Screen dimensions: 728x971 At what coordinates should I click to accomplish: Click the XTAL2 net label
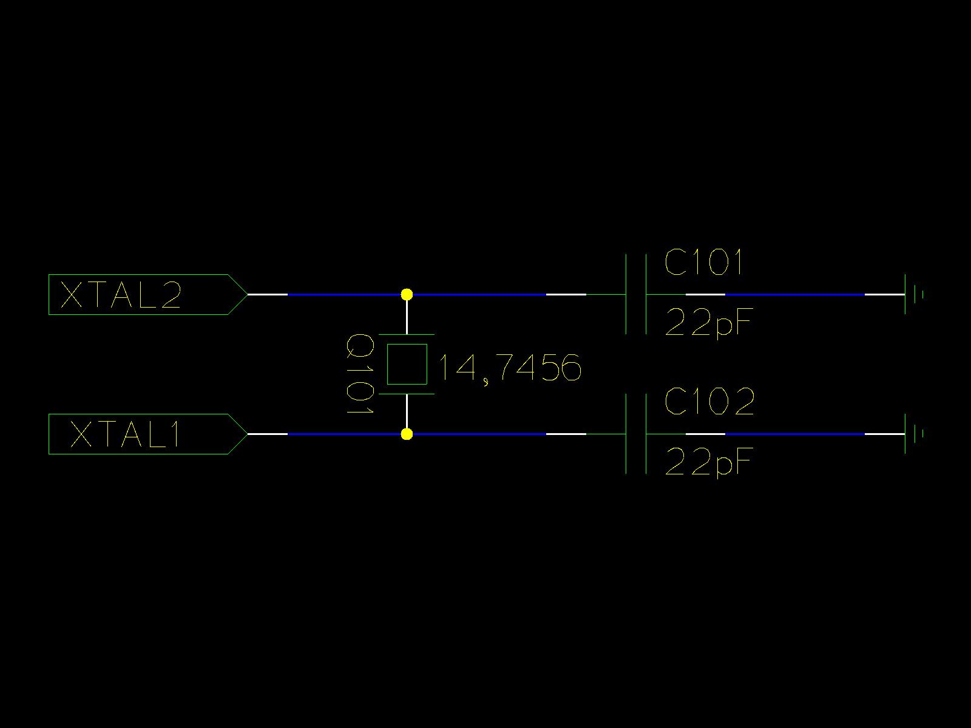[x=121, y=295]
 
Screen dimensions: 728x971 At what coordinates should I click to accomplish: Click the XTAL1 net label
[x=126, y=434]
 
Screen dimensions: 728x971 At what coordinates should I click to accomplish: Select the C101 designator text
[x=703, y=263]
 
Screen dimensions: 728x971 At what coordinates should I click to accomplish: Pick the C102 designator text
[x=709, y=402]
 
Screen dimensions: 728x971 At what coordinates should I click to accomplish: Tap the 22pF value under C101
[x=708, y=323]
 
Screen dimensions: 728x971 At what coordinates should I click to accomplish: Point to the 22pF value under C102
[x=708, y=462]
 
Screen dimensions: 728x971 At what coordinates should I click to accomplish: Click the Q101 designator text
[x=359, y=374]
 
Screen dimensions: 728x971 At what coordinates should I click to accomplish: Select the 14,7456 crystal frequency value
[x=509, y=368]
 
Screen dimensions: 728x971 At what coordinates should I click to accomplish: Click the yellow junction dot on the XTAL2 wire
[x=407, y=295]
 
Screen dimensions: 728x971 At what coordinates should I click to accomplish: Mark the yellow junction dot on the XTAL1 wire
[x=407, y=434]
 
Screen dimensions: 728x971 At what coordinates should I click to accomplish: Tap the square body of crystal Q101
[x=407, y=364]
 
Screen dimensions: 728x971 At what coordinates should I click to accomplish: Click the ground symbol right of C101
[x=913, y=295]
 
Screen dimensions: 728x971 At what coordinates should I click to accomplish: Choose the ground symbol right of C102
[x=913, y=434]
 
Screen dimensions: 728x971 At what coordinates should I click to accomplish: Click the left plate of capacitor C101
[x=626, y=295]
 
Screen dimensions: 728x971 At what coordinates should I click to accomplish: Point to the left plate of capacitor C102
[x=626, y=434]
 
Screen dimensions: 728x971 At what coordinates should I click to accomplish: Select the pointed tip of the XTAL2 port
[x=246, y=295]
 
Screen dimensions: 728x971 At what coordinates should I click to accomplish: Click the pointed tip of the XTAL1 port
[x=246, y=434]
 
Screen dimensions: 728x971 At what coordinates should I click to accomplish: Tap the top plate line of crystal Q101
[x=407, y=334]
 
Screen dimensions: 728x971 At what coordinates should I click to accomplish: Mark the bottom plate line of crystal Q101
[x=407, y=394]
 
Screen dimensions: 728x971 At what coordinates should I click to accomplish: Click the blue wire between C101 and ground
[x=795, y=295]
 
